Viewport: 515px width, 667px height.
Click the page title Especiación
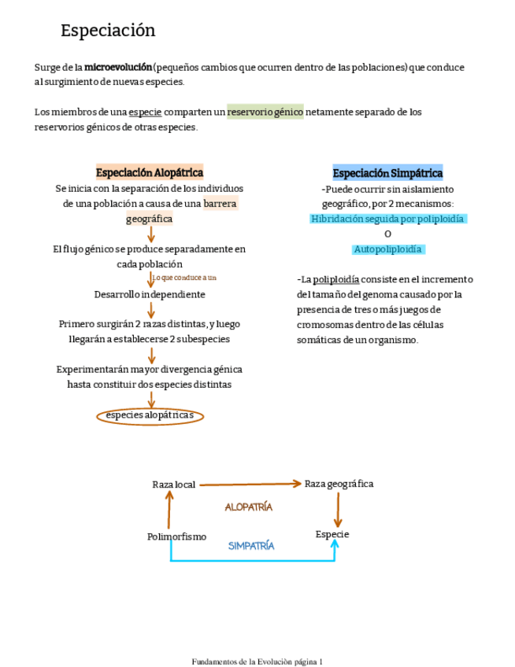[x=108, y=31]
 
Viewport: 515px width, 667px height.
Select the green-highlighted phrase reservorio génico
[x=265, y=112]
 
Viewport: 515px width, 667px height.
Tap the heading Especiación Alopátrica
[x=150, y=172]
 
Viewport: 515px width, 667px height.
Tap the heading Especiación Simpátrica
[x=387, y=173]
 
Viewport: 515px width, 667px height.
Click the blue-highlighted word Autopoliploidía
[x=387, y=249]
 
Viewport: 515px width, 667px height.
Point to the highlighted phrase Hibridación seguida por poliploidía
[x=387, y=219]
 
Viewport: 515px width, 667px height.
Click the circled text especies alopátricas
[x=150, y=415]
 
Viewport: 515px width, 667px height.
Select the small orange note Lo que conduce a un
[x=185, y=278]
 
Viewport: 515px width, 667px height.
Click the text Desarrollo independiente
[x=150, y=294]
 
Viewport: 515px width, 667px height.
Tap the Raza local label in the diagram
[x=173, y=485]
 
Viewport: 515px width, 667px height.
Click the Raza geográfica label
[x=339, y=484]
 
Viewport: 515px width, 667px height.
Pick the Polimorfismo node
[x=176, y=536]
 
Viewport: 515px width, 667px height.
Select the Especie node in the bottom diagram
[x=332, y=535]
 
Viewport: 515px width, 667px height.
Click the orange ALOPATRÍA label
[x=249, y=507]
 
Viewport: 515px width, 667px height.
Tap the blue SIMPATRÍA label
[x=251, y=545]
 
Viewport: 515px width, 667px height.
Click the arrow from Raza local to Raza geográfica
[x=250, y=485]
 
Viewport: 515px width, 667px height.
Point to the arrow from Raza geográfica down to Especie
[x=338, y=510]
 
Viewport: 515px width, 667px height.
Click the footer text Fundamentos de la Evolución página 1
[x=257, y=661]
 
